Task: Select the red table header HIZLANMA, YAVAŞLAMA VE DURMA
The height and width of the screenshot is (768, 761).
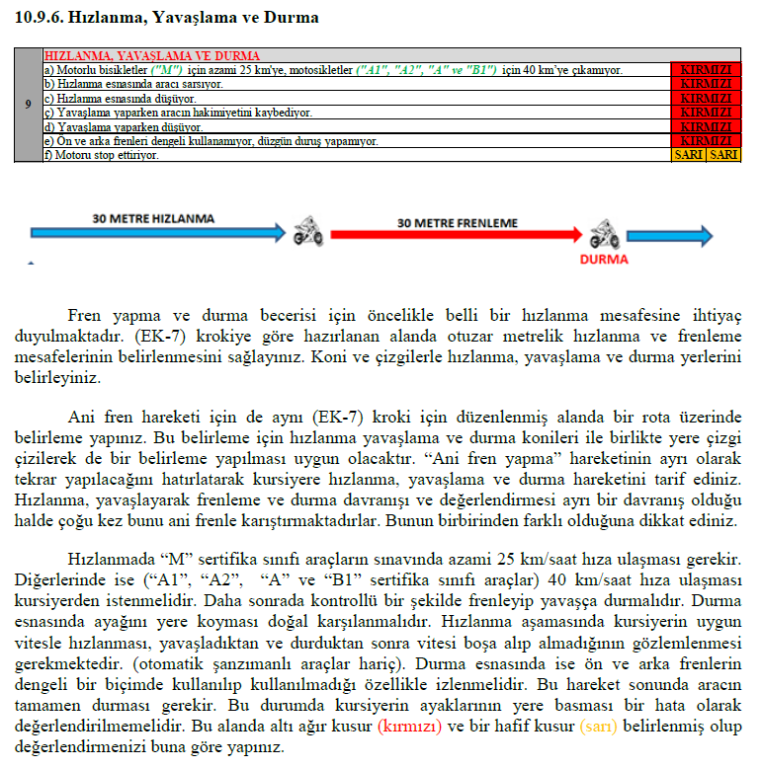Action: click(x=153, y=56)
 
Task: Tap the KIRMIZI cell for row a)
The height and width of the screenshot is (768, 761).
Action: click(x=706, y=70)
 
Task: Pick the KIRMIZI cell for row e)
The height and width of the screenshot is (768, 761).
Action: click(x=706, y=141)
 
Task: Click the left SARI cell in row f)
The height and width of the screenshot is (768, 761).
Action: click(x=688, y=155)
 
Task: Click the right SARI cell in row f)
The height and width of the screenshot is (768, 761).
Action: click(x=723, y=155)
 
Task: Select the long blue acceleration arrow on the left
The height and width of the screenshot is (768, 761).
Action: click(x=148, y=234)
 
